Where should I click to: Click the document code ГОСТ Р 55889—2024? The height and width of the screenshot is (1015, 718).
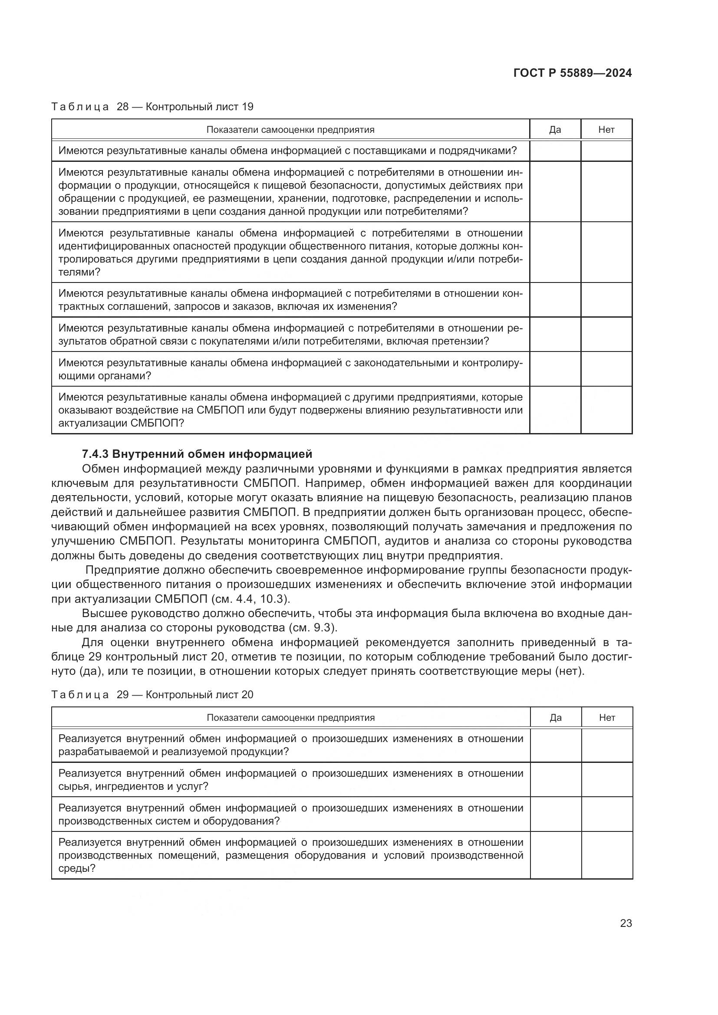[x=573, y=73]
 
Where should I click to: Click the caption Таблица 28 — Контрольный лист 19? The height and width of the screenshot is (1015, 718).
[x=152, y=107]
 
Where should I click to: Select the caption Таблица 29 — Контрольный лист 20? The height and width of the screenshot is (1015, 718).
[x=152, y=694]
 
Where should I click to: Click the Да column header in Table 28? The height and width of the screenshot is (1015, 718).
[x=555, y=129]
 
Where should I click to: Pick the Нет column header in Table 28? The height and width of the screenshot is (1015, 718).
[x=606, y=129]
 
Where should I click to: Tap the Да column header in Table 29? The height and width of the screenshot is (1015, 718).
[x=555, y=717]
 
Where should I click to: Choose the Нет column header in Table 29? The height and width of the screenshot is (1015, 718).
[x=606, y=717]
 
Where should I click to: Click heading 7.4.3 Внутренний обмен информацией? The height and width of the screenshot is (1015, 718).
[x=197, y=454]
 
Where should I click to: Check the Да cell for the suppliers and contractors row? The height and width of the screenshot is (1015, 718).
[x=555, y=151]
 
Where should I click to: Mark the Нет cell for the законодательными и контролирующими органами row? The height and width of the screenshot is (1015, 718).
[x=606, y=369]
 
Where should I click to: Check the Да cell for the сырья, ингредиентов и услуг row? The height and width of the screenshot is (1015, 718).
[x=555, y=779]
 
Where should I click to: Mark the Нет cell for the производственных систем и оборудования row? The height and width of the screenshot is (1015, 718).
[x=606, y=814]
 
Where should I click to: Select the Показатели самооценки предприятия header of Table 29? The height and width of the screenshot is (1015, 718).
[x=290, y=717]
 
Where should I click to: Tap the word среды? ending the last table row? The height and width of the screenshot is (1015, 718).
[x=77, y=868]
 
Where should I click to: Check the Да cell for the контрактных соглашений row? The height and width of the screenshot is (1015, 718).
[x=555, y=300]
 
